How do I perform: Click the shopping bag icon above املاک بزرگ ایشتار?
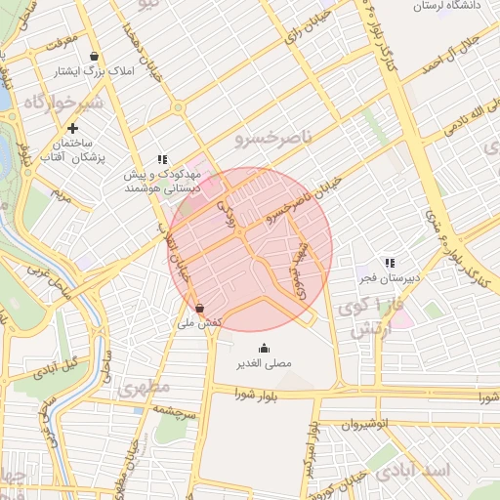93,56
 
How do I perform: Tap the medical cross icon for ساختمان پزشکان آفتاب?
72,128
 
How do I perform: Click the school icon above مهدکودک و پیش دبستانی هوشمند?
162,158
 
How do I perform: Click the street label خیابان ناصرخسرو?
305,197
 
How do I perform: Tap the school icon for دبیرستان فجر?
390,263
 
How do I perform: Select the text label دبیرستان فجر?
388,277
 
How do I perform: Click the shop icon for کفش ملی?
200,308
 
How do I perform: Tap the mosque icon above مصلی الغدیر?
264,348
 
